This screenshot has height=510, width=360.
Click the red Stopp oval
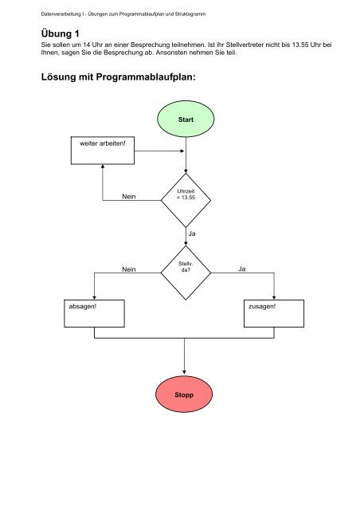(186, 394)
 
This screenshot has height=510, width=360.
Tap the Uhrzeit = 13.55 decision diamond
(186, 199)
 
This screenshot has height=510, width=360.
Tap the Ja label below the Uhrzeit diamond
(192, 233)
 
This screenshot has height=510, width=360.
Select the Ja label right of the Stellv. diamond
(241, 270)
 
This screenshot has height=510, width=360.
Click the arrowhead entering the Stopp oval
(186, 372)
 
